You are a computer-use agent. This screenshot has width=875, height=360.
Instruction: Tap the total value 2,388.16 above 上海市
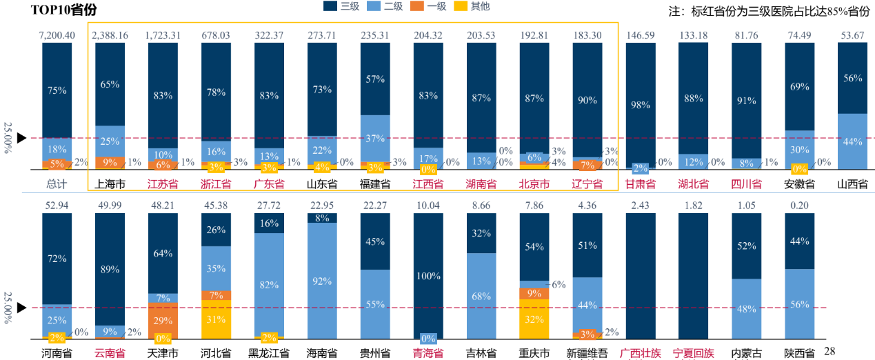[110, 35]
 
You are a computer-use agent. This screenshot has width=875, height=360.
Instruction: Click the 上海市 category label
[110, 184]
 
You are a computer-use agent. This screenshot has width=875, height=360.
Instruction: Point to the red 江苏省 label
[163, 184]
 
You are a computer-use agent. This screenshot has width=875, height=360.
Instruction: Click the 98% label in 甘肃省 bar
[641, 104]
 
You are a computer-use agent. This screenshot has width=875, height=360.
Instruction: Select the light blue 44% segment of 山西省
[853, 141]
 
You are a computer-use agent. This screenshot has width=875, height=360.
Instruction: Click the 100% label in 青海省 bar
[428, 276]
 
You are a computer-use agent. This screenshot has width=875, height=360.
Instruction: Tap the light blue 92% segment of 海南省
[322, 281]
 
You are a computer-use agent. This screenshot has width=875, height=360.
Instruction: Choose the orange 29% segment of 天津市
[163, 321]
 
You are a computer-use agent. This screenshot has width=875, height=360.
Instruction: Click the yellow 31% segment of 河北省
[216, 319]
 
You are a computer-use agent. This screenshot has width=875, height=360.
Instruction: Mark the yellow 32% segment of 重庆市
[534, 319]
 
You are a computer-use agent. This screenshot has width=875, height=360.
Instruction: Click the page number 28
[829, 352]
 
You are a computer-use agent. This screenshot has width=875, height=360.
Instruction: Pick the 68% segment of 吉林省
[481, 297]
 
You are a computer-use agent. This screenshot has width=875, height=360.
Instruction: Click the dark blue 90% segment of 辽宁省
[587, 100]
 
